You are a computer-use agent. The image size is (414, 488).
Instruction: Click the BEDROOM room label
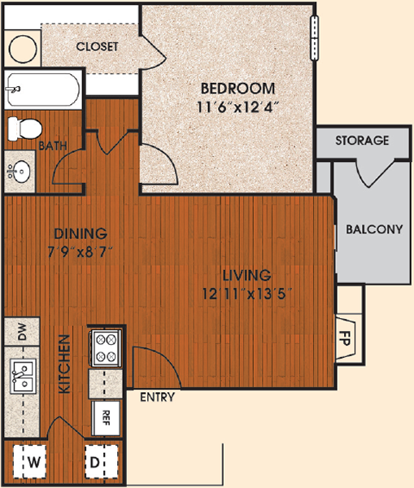point(238,89)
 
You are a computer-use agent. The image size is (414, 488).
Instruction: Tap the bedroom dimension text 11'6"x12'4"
point(237,107)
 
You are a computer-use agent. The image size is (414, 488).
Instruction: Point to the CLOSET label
point(97,46)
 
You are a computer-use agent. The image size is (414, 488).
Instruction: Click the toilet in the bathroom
point(24,129)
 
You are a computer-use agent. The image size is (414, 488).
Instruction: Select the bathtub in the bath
point(43,89)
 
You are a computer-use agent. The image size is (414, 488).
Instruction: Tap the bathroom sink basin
point(19,171)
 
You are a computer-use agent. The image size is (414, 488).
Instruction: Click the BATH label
point(53,146)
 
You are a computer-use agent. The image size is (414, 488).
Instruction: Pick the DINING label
point(81,233)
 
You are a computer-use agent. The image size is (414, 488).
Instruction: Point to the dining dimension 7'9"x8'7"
point(80,252)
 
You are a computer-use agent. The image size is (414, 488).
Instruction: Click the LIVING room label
point(247,275)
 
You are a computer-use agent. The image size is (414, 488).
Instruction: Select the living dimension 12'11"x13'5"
point(247,294)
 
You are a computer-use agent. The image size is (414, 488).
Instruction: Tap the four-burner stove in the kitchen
point(106,348)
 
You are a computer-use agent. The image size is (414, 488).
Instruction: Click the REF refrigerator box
point(106,418)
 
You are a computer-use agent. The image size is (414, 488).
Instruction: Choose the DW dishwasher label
point(22,332)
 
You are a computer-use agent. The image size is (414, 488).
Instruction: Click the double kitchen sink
point(23,376)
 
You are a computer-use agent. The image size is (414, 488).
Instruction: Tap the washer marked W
point(30,462)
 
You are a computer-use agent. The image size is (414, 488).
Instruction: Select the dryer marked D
point(102,462)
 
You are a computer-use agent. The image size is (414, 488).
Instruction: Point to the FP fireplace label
point(345,338)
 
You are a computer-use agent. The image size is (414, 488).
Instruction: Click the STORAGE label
point(362,141)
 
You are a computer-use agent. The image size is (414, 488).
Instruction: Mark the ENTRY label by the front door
point(158,397)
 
